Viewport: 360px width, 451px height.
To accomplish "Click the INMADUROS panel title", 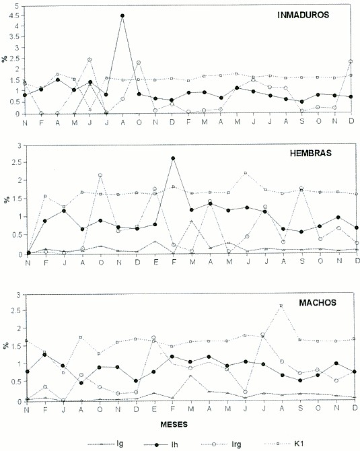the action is [303, 15].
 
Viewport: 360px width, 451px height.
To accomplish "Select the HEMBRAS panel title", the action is [311, 153].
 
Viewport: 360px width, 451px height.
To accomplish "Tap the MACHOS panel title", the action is [318, 303].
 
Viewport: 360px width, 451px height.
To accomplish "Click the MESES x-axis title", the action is [174, 424].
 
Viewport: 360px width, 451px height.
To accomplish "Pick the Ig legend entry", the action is [106, 444].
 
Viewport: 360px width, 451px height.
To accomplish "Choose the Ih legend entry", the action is [161, 444].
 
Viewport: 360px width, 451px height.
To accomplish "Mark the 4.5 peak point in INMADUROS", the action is [122, 15].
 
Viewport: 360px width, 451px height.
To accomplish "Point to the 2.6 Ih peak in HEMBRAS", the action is [173, 158].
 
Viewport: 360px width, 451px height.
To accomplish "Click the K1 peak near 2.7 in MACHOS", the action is [281, 306].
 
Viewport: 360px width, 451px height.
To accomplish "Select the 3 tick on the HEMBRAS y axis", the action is [20, 146].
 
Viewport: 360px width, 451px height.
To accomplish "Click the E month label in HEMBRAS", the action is [155, 262].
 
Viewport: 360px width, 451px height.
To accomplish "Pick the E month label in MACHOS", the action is [154, 409].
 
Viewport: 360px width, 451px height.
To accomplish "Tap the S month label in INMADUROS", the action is [302, 122].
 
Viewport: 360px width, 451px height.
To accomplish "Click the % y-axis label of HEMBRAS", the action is [6, 200].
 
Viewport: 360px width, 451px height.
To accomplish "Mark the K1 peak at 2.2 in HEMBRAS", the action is [246, 173].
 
